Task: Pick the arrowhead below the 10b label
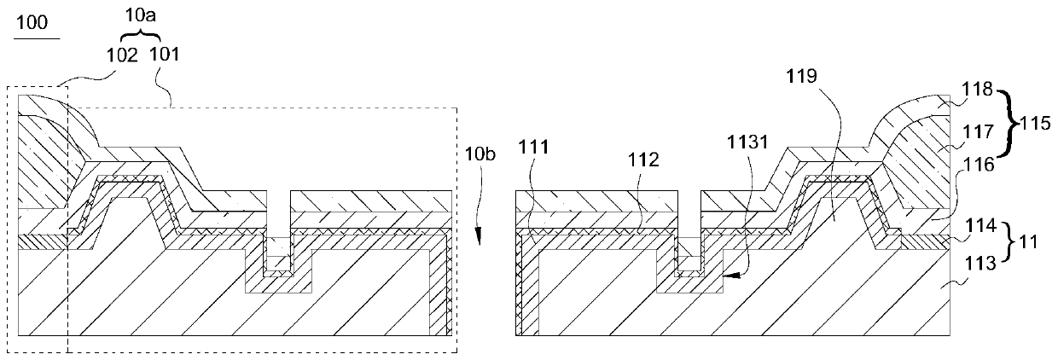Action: coord(480,240)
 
